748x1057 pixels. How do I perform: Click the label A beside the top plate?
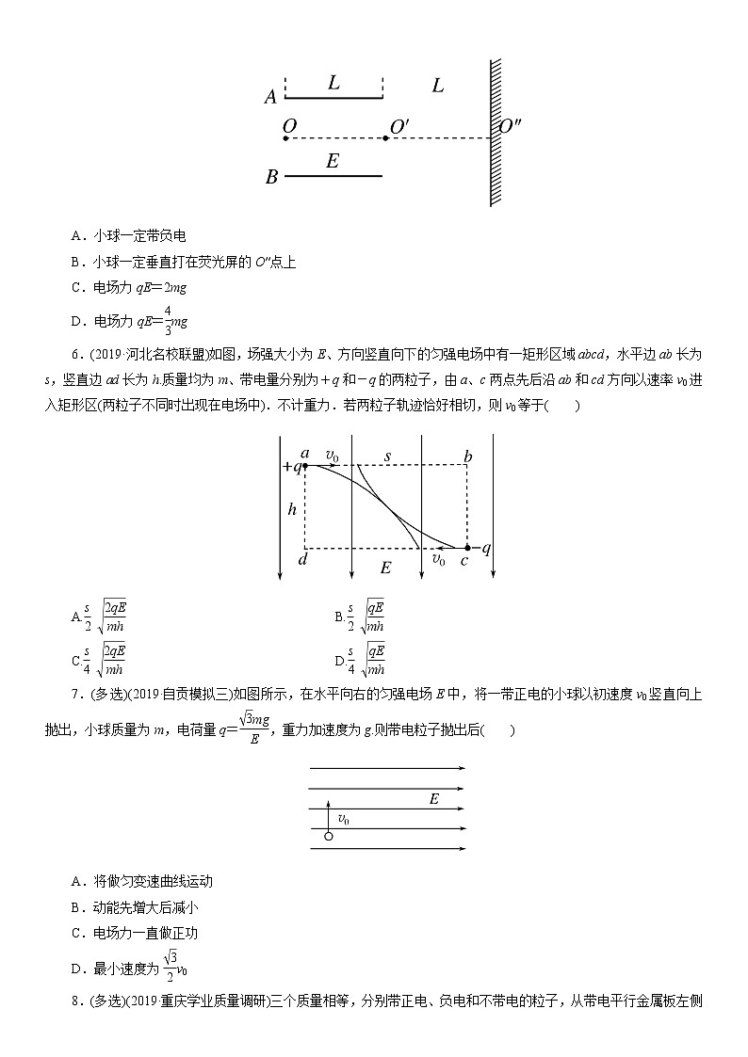tap(270, 97)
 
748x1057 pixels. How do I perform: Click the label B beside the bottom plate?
tap(271, 177)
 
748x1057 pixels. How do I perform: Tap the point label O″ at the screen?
tap(510, 126)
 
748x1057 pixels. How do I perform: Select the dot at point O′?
tap(385, 138)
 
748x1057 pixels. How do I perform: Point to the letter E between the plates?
tap(332, 161)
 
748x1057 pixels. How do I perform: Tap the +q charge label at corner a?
tap(290, 466)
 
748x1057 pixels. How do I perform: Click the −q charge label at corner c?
tap(481, 548)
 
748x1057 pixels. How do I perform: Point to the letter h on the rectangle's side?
tap(293, 508)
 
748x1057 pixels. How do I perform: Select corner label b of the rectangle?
tap(467, 457)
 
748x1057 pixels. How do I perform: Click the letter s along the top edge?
tap(386, 456)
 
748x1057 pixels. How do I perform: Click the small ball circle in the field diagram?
tap(328, 836)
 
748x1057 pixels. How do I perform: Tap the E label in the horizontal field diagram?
tap(433, 799)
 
